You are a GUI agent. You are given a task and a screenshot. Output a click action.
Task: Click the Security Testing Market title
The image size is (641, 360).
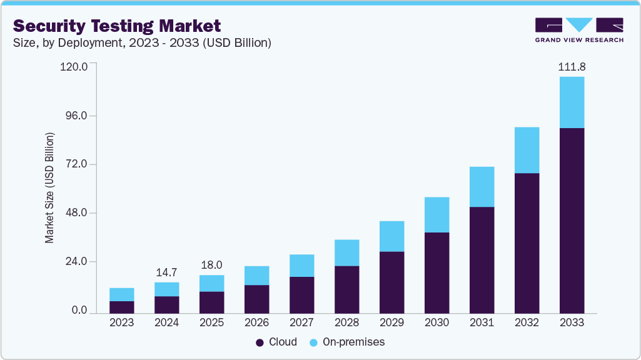point(117,26)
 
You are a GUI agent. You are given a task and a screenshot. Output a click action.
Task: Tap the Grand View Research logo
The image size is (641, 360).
point(578,29)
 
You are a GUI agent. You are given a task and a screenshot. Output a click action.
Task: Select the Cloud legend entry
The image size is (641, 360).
point(276,342)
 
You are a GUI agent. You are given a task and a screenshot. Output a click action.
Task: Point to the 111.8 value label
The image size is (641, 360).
point(572,67)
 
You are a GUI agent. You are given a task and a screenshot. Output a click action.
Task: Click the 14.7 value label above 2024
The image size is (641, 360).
point(166,272)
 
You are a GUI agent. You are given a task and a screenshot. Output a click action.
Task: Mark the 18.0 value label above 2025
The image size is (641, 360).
point(211,265)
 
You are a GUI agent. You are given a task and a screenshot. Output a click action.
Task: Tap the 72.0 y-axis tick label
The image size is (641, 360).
point(75,164)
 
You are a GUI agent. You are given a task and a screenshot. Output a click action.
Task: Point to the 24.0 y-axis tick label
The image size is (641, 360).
point(75,262)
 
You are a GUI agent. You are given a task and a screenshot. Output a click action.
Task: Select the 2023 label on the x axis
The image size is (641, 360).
point(121,323)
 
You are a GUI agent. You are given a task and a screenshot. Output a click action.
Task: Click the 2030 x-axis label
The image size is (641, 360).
point(437,323)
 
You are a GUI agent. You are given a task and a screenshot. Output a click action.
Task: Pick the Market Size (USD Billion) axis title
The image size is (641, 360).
point(49,188)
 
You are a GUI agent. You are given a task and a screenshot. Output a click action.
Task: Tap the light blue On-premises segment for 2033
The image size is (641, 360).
point(572,102)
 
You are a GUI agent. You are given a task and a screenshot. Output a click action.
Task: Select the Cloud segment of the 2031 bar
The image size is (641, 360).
point(482,259)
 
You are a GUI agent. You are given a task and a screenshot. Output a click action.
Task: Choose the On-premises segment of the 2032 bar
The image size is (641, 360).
point(527,150)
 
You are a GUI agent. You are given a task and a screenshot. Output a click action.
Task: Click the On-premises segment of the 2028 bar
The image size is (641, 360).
point(346,252)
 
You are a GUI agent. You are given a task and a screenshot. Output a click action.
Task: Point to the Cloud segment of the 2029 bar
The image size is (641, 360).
point(391,282)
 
